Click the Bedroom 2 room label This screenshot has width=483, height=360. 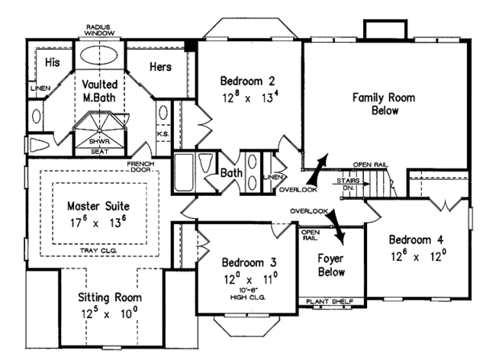point(249,81)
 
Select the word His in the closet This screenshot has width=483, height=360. point(52,62)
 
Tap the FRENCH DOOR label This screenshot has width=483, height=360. point(140,168)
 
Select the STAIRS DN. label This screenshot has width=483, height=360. point(347,184)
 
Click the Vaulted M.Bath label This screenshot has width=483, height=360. point(99,91)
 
